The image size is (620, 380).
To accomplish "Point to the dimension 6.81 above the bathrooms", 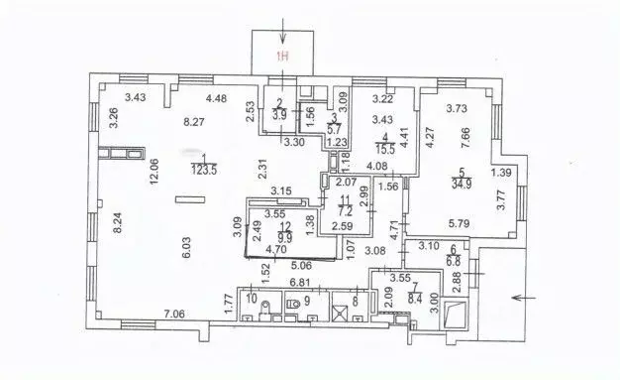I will [302, 283].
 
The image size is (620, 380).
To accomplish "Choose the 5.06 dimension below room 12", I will [303, 265].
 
